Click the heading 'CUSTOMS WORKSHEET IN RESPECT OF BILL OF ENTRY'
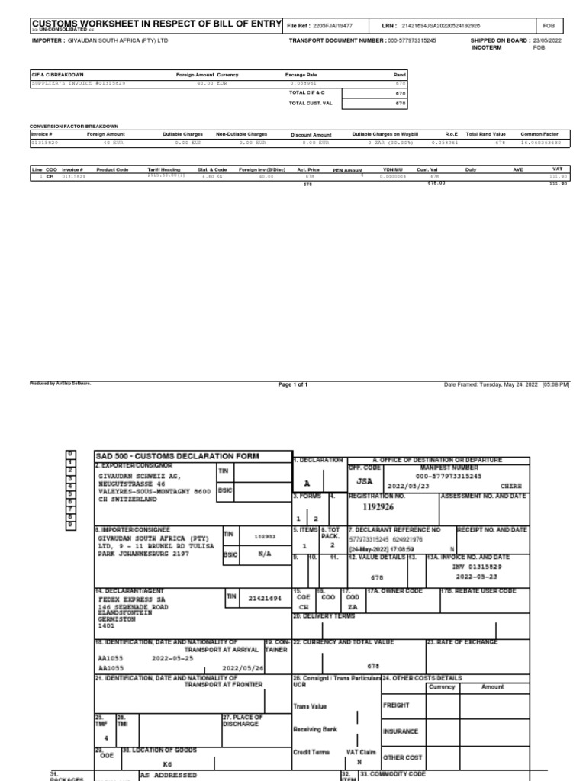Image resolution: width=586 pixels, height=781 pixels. point(156,25)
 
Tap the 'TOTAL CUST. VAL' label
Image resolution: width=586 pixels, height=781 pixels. point(308,102)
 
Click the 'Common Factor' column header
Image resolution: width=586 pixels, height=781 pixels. point(539,133)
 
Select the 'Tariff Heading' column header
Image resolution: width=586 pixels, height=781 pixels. point(164,169)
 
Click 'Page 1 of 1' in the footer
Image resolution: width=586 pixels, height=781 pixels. point(293,385)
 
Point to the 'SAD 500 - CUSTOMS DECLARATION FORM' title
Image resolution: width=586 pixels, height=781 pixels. point(177,456)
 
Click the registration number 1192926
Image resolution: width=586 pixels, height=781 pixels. point(379,505)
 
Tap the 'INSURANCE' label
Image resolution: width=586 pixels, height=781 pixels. point(401,731)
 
